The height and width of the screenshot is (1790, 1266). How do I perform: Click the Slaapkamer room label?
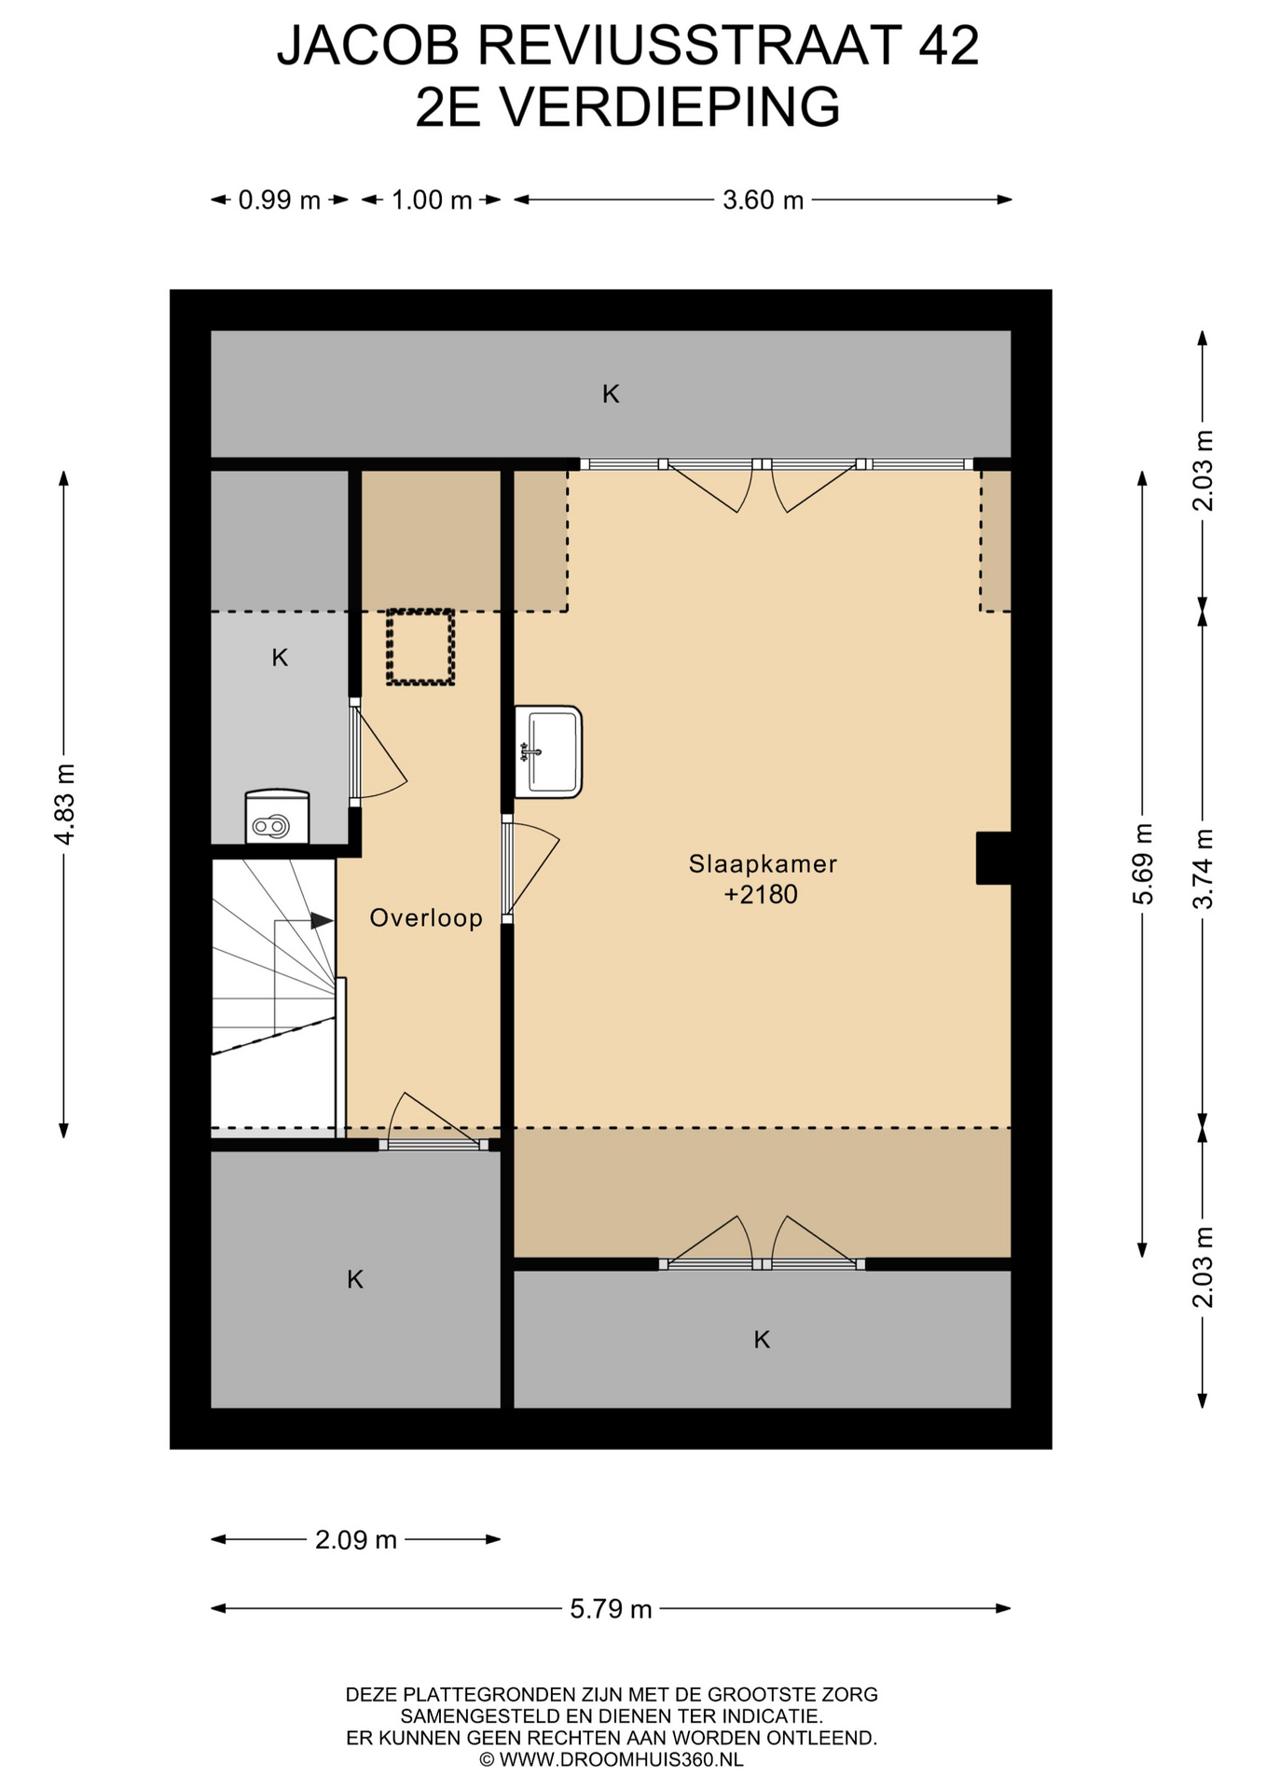click(x=763, y=864)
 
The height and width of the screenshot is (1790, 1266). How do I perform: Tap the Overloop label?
click(x=426, y=918)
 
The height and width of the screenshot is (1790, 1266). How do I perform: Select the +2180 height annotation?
click(x=761, y=895)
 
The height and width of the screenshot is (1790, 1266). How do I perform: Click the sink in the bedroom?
click(x=548, y=751)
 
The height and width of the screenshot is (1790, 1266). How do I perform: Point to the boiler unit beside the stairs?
click(x=277, y=817)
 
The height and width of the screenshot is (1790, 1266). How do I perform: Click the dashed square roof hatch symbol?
click(x=420, y=647)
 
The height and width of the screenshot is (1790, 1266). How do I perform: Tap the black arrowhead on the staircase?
click(x=322, y=920)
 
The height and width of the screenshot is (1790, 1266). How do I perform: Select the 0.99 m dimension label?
click(x=280, y=200)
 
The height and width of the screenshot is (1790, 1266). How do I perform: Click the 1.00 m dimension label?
click(x=432, y=200)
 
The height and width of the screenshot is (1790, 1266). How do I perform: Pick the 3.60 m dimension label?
click(x=763, y=200)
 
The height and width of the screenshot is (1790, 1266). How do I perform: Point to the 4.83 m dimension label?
click(x=65, y=804)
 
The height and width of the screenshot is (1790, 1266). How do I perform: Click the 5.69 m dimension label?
click(x=1143, y=864)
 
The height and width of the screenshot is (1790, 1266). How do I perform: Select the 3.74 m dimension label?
click(x=1204, y=868)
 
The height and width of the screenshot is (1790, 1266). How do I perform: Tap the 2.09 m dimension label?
click(x=356, y=1540)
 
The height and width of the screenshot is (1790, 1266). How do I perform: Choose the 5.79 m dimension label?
click(x=611, y=1609)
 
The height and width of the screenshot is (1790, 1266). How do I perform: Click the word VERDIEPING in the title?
click(x=670, y=107)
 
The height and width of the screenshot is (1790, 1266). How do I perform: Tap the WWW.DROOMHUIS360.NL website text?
click(x=621, y=1760)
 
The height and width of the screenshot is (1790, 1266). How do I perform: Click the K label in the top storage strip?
click(x=611, y=394)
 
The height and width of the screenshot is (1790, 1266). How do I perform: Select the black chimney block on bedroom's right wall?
click(x=994, y=858)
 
